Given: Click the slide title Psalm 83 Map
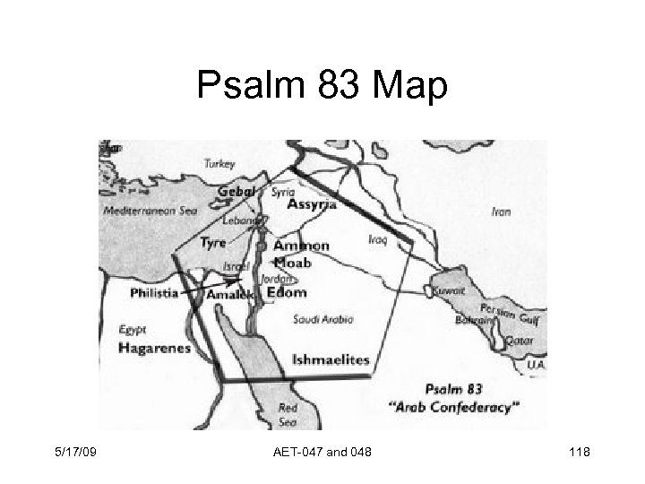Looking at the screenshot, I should click(x=322, y=88).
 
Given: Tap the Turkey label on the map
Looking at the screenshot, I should click(x=219, y=164).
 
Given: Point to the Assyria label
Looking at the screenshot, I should click(x=313, y=204).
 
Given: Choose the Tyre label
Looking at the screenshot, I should click(x=212, y=242).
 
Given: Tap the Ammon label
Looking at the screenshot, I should click(x=301, y=246).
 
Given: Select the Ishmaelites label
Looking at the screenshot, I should click(x=331, y=359).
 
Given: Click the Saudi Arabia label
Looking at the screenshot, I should click(x=322, y=319).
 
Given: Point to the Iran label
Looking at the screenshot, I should click(x=502, y=212).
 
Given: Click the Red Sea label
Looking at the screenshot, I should click(x=288, y=414).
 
